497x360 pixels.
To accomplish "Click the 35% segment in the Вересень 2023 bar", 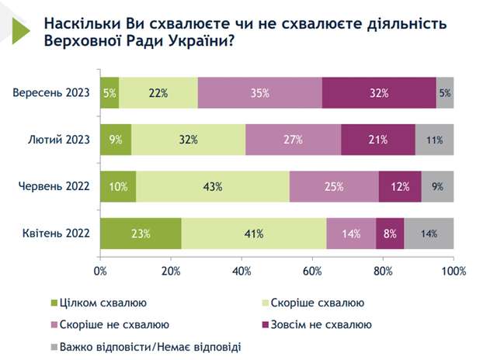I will (x=259, y=93).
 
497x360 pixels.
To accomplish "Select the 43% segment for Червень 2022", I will (x=213, y=186).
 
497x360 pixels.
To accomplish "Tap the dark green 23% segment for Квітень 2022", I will (x=141, y=233).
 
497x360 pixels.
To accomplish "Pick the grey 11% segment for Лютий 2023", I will (x=434, y=140).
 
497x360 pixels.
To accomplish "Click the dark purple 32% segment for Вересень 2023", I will (x=378, y=93).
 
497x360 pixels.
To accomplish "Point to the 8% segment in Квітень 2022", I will (x=390, y=233).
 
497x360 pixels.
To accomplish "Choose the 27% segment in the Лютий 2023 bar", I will (x=293, y=140).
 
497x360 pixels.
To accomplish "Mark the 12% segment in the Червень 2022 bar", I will (x=400, y=186).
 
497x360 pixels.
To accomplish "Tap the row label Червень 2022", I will (x=56, y=186).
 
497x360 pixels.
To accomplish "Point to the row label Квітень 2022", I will (x=56, y=233).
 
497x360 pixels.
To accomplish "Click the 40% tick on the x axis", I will (x=242, y=271).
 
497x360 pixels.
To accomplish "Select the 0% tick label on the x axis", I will (x=100, y=271).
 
